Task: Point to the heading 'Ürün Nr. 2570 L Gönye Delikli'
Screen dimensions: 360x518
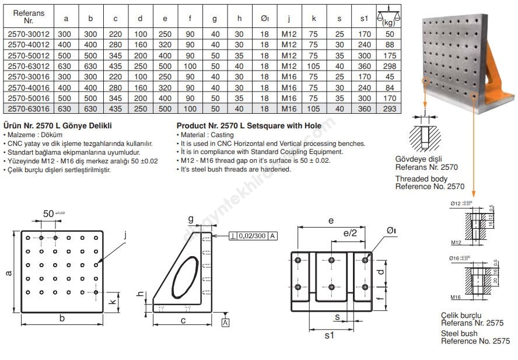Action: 58,125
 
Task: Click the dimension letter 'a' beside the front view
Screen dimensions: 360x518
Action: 8,272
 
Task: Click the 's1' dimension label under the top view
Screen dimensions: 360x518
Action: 330,335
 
